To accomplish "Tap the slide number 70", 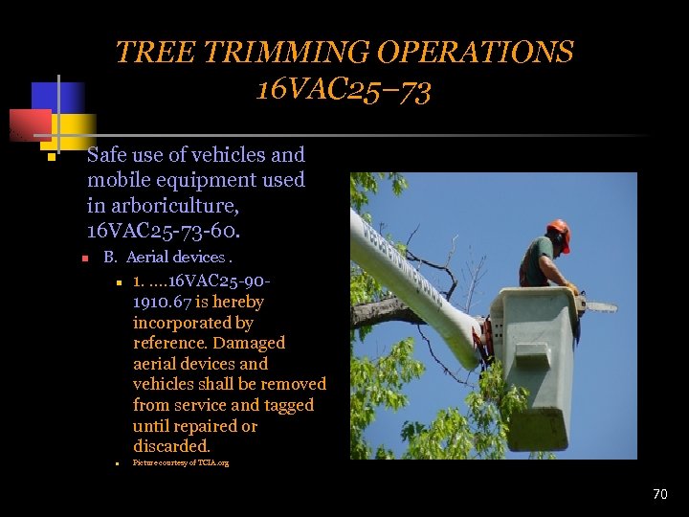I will [659, 494].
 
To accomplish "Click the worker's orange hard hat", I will [558, 232].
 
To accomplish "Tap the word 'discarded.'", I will [171, 446].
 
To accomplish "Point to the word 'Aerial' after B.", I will [145, 258].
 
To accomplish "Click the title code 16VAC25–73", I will [344, 91].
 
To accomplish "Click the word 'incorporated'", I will [182, 323].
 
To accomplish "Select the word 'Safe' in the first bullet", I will [108, 155].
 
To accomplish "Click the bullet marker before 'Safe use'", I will [50, 157].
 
